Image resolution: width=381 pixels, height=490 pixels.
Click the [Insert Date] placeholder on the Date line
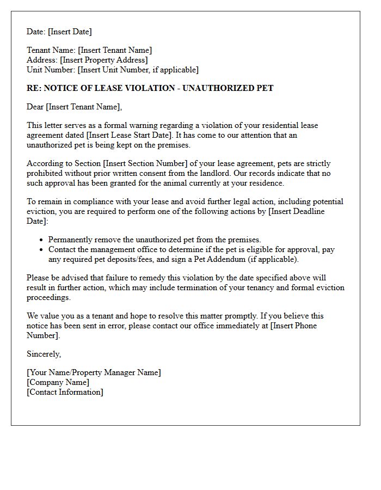(x=70, y=32)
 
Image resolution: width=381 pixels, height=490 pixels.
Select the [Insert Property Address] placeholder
(x=103, y=60)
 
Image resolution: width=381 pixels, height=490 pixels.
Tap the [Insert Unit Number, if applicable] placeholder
(x=138, y=70)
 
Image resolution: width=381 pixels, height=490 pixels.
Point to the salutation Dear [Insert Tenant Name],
(x=75, y=107)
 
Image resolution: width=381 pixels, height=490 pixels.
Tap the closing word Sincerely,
(x=44, y=354)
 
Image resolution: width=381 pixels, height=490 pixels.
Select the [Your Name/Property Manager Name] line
(x=94, y=372)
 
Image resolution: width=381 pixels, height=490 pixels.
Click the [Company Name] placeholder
(x=58, y=382)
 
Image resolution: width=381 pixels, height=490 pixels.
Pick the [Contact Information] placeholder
(x=65, y=392)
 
